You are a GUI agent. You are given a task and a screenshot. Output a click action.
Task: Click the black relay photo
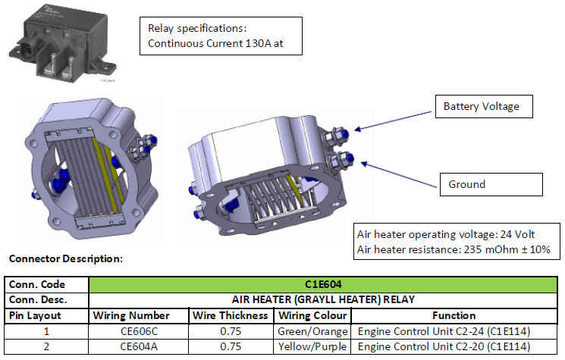pyautogui.click(x=62, y=43)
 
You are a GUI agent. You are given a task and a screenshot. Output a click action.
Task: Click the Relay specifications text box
pyautogui.click(x=221, y=36)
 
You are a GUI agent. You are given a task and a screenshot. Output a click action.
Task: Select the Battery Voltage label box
pyautogui.click(x=484, y=106)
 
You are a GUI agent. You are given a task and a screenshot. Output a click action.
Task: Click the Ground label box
pyautogui.click(x=491, y=184)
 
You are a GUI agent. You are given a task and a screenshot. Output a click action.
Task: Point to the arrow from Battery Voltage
pyautogui.click(x=393, y=121)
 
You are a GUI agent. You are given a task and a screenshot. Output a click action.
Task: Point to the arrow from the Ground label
pyautogui.click(x=398, y=174)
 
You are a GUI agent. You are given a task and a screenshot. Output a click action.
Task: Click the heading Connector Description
pyautogui.click(x=65, y=258)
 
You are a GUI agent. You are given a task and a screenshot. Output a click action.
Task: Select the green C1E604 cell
pyautogui.click(x=323, y=284)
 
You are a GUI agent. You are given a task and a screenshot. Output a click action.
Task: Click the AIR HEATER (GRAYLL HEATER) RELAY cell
pyautogui.click(x=323, y=300)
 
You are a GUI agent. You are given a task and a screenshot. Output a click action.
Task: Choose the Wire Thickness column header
pyautogui.click(x=231, y=316)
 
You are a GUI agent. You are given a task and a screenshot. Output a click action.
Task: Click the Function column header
pyautogui.click(x=454, y=316)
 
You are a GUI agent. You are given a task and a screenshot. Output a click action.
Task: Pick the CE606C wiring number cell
pyautogui.click(x=139, y=331)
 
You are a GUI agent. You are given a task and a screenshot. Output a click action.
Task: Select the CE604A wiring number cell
pyautogui.click(x=139, y=346)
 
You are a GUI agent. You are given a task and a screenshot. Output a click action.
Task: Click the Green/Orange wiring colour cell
pyautogui.click(x=312, y=331)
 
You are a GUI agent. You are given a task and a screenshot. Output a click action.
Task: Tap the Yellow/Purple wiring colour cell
pyautogui.click(x=312, y=346)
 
